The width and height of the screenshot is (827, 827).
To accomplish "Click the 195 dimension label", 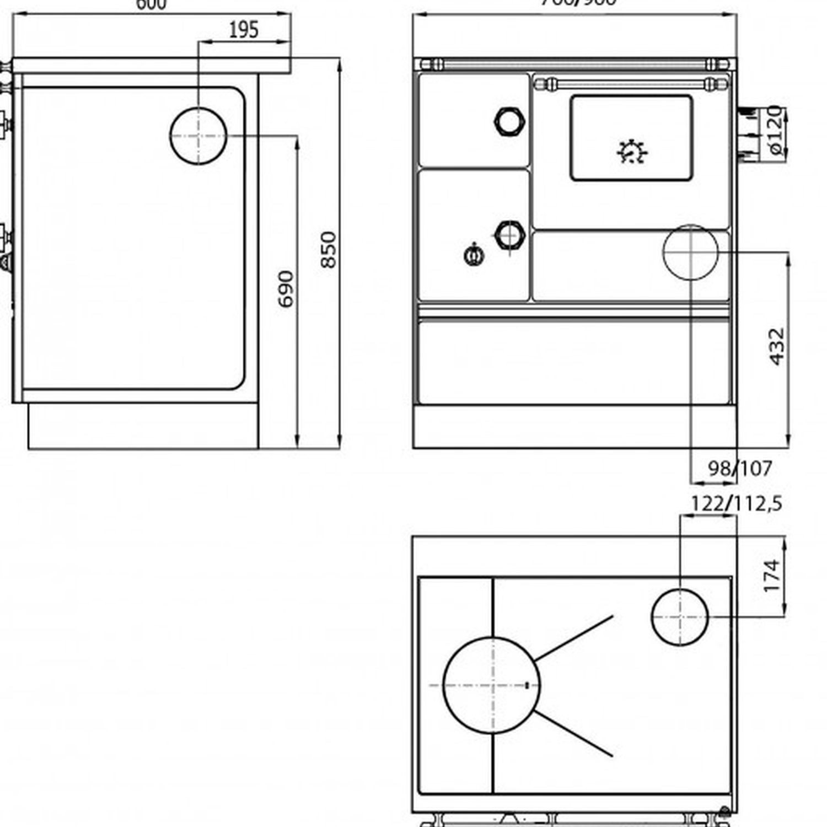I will coord(243,30).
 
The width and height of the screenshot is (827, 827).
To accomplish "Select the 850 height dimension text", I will coord(328,250).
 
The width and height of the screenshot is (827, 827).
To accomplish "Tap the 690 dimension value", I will coord(286,288).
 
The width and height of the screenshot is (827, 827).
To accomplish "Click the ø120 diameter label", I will coord(774,131).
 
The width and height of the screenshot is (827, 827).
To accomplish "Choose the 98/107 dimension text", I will coord(740,469).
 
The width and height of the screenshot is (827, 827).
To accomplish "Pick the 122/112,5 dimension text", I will coord(736,503).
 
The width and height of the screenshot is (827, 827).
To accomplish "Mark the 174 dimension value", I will coord(772,576).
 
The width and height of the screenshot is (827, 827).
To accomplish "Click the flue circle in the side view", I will coord(198,136).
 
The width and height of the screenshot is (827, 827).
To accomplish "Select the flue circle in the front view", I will coord(690,252).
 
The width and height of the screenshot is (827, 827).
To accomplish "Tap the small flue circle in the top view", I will coord(679,617).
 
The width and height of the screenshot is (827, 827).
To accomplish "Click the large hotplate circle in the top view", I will coord(491,685).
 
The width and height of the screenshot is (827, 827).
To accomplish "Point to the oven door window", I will coord(631,138).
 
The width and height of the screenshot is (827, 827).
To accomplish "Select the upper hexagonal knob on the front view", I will coord(509,121).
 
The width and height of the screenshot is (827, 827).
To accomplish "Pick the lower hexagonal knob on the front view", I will coord(509,235).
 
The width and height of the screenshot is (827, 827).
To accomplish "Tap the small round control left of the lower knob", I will coord(474,255).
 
